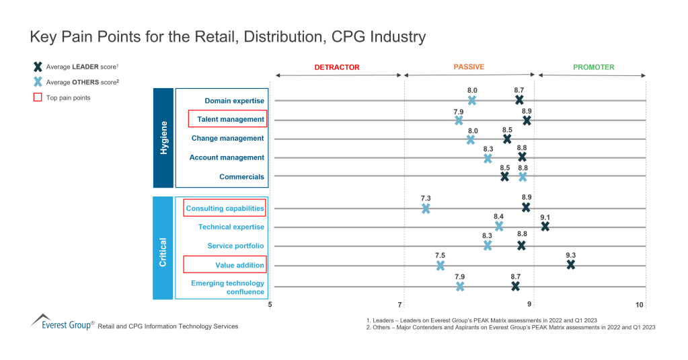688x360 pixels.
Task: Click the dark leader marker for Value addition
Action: coord(570,265)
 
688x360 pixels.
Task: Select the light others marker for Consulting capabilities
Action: coord(426,209)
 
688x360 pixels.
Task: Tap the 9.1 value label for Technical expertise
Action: coord(545,217)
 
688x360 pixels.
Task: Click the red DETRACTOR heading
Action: coord(337,67)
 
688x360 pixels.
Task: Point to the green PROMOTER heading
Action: coord(593,67)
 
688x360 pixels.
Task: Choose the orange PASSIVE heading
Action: coord(469,67)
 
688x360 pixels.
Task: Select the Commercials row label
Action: coord(241,177)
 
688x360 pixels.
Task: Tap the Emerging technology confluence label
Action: coord(227,287)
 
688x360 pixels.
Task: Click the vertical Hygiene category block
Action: coord(163,138)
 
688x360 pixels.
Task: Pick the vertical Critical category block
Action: coord(163,248)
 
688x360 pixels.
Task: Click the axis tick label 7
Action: coord(401,305)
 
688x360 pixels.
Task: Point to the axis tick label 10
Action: coord(640,305)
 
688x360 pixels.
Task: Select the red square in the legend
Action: coord(38,98)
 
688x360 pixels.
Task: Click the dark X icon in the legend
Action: coord(38,67)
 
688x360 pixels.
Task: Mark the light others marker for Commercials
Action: coord(523,177)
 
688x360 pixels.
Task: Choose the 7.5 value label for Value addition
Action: coord(440,255)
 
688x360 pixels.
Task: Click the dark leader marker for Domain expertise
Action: coord(519,100)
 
